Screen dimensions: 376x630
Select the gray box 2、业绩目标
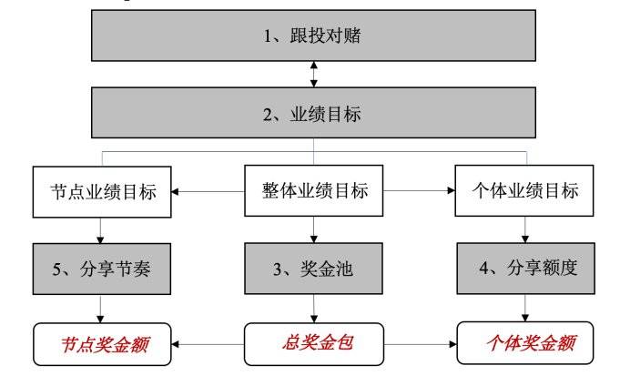point(314,114)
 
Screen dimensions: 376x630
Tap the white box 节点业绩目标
point(101,193)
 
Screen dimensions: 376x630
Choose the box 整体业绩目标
point(314,193)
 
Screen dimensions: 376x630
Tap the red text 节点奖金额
point(101,343)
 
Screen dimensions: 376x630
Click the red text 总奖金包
point(314,343)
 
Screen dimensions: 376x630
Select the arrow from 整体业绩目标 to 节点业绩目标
point(209,193)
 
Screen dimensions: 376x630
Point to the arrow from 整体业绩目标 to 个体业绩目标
point(419,193)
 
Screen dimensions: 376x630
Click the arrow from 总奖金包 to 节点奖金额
point(209,345)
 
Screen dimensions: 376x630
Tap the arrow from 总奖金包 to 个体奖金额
point(419,345)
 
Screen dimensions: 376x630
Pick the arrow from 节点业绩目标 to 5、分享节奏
point(101,229)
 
